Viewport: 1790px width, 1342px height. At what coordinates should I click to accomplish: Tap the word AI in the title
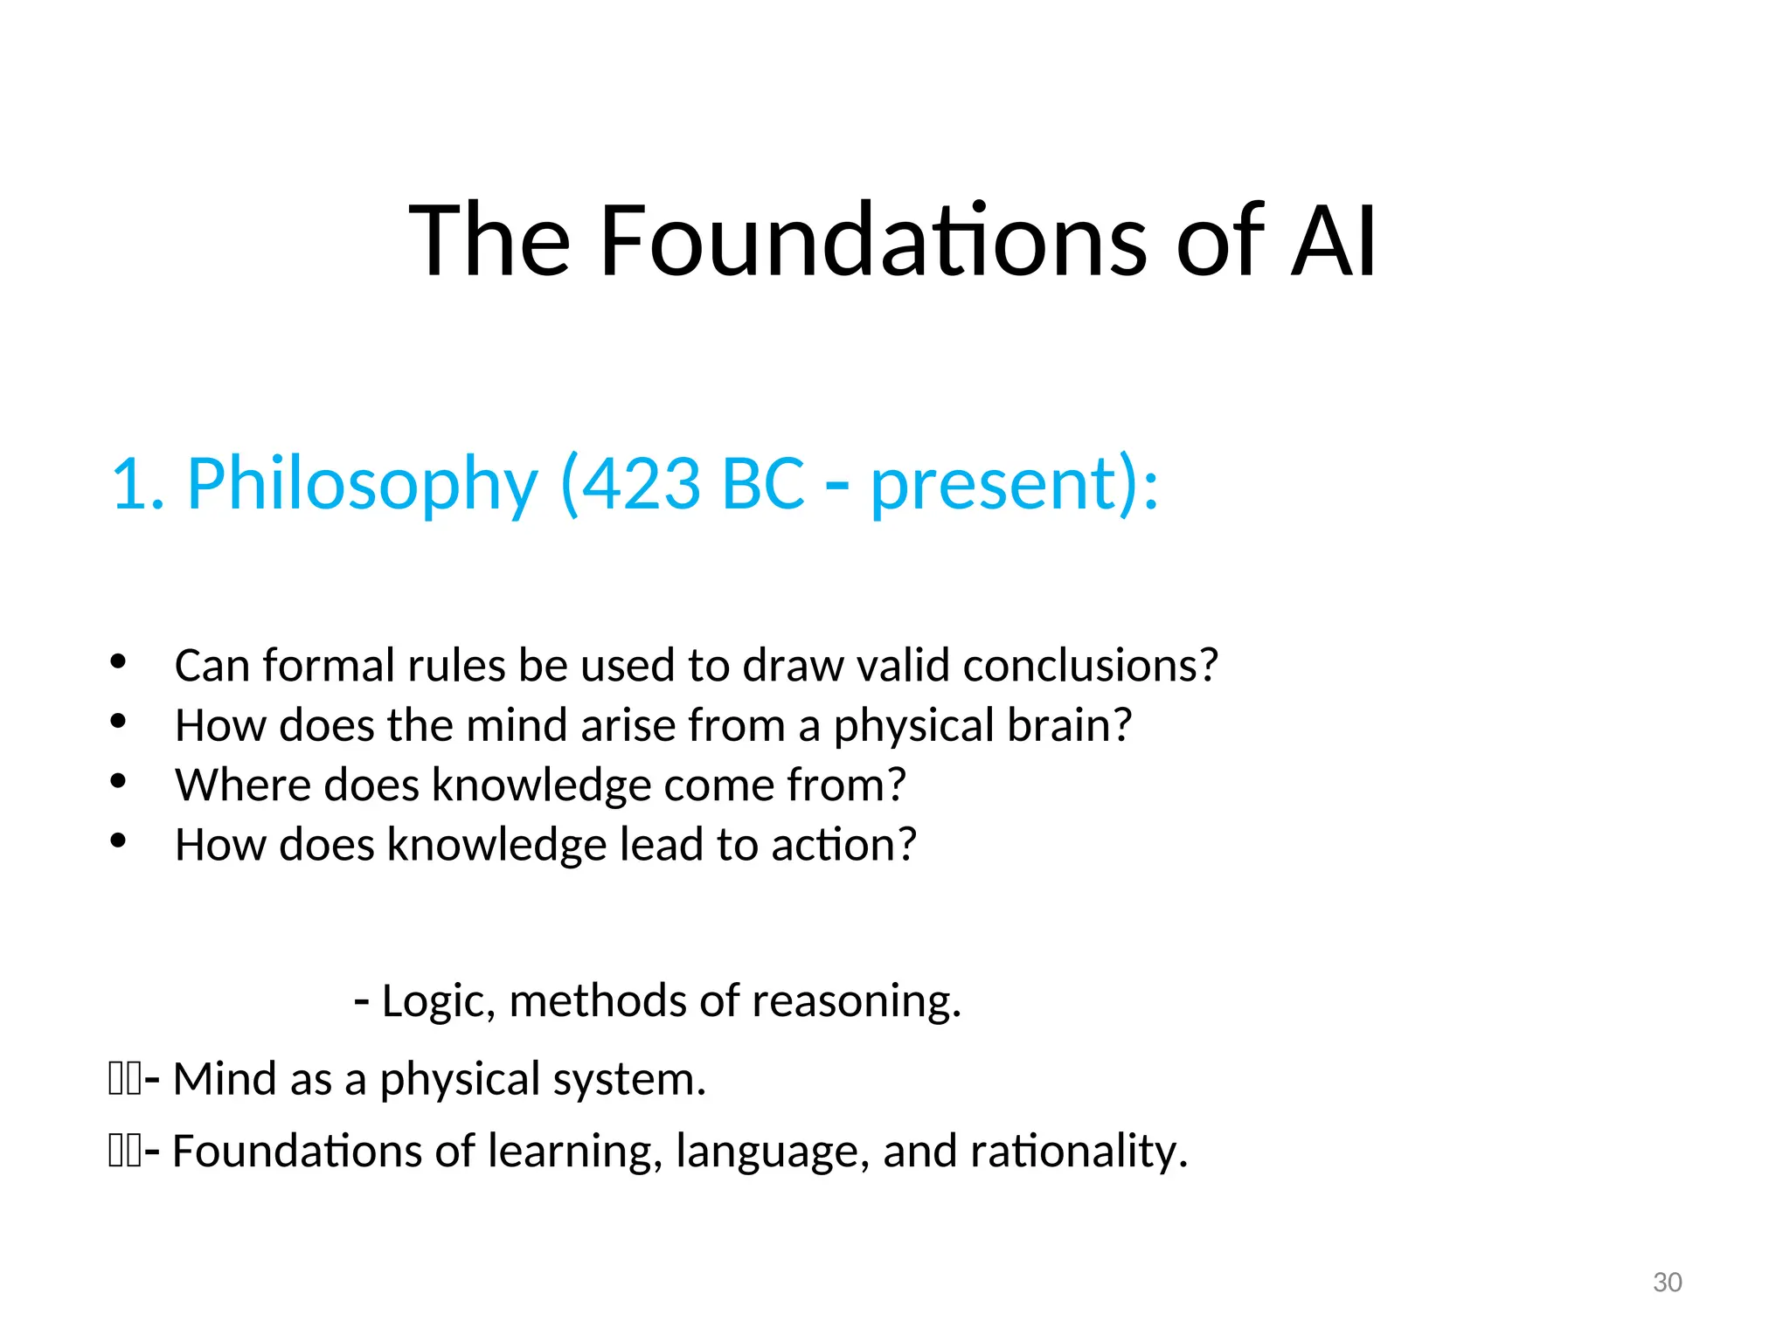[x=1333, y=240]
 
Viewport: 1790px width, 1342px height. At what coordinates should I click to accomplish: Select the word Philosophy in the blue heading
[x=362, y=485]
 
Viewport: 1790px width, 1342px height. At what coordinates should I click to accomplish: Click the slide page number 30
[x=1668, y=1283]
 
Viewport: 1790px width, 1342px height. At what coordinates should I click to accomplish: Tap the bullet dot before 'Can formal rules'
[x=119, y=661]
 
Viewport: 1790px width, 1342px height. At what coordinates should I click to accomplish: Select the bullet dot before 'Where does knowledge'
[x=119, y=781]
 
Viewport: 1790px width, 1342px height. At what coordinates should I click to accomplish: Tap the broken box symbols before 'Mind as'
[x=125, y=1079]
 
